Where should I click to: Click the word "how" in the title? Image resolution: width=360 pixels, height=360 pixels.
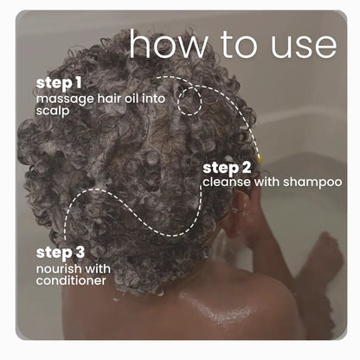(x=168, y=43)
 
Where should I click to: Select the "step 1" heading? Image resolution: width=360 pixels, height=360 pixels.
(x=59, y=83)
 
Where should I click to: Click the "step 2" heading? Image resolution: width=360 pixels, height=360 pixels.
(x=227, y=169)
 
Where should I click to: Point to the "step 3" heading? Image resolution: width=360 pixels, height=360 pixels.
(x=61, y=253)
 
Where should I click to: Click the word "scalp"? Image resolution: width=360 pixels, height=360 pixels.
(x=53, y=111)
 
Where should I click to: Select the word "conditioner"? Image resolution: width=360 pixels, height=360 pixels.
(x=71, y=280)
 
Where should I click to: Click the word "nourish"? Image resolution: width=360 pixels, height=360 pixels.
(x=59, y=269)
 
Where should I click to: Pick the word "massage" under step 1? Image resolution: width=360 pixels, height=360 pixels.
(x=65, y=100)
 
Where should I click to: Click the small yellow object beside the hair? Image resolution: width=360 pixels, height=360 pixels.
(x=260, y=157)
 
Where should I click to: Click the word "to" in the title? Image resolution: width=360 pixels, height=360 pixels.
(x=238, y=45)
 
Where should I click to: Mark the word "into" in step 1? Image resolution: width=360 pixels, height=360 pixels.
(x=153, y=98)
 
